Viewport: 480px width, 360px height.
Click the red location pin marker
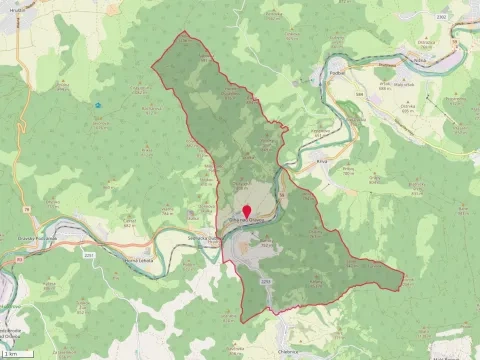click(x=247, y=211)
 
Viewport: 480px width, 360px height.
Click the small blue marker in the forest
click(x=98, y=105)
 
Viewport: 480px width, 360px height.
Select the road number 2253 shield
click(x=266, y=283)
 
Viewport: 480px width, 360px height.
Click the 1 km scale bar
click(x=12, y=353)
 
